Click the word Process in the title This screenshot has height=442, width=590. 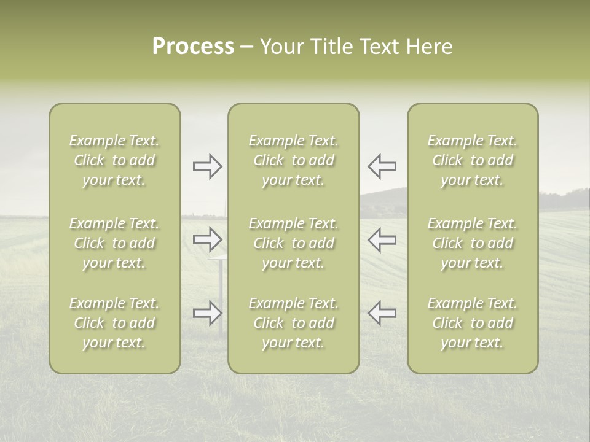coord(193,47)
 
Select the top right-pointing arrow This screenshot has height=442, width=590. coord(207,166)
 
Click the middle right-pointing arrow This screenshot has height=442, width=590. coord(207,239)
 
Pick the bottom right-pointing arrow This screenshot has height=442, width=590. coord(207,313)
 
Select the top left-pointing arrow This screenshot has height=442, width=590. coord(382,166)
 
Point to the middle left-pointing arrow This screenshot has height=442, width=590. coord(382,239)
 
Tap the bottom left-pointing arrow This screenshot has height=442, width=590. coord(382,313)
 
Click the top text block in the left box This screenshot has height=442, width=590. coord(114,160)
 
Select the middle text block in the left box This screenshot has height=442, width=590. coord(114,243)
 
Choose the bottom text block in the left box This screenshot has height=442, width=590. coord(114,323)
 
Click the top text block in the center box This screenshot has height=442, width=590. coord(294,160)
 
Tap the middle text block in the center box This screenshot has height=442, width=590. coord(294,243)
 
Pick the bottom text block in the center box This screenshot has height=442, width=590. coord(294,323)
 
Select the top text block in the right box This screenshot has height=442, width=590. coord(473,160)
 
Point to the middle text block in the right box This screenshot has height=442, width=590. coord(473,243)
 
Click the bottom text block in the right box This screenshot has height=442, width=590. coord(473,323)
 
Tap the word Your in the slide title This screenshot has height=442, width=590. coord(281,47)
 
